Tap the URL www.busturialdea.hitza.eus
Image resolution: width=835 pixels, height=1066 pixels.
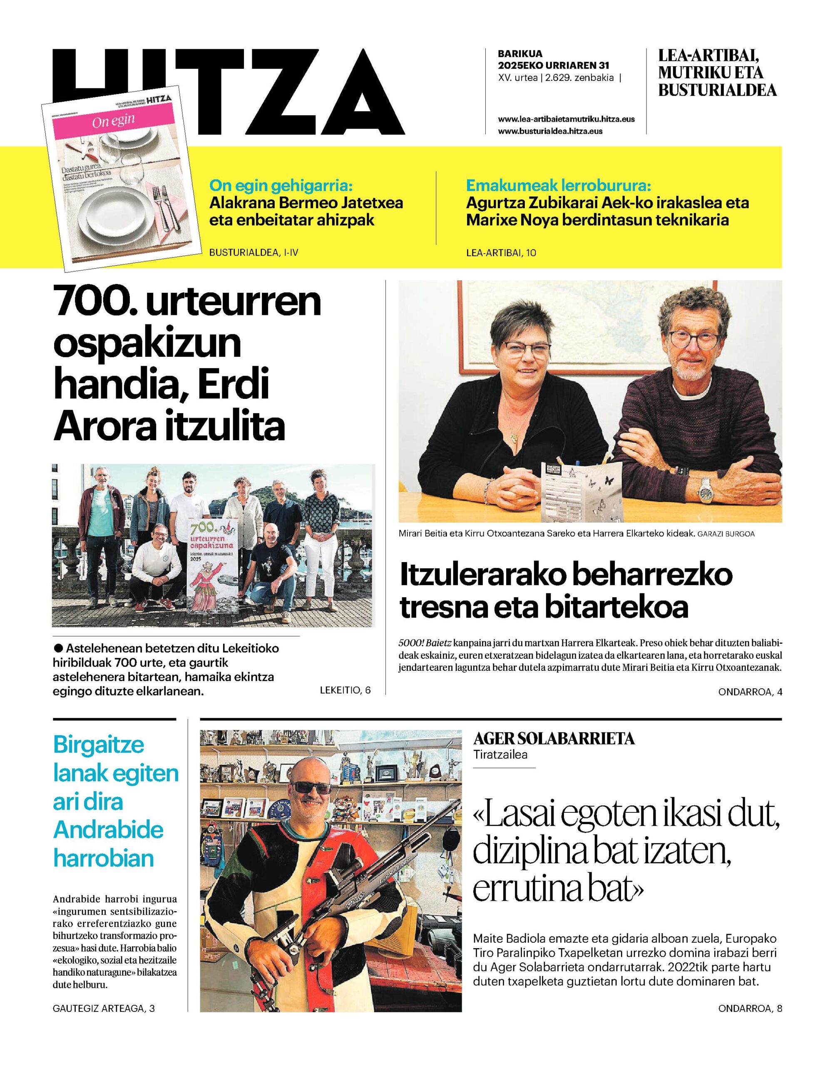(550, 131)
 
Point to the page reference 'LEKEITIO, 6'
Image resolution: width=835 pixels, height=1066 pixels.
(345, 690)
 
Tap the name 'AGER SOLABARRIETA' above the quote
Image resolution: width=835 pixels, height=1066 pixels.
(554, 738)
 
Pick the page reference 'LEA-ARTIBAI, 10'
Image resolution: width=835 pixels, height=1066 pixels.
(501, 253)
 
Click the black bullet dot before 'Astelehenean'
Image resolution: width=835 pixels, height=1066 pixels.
(58, 648)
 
